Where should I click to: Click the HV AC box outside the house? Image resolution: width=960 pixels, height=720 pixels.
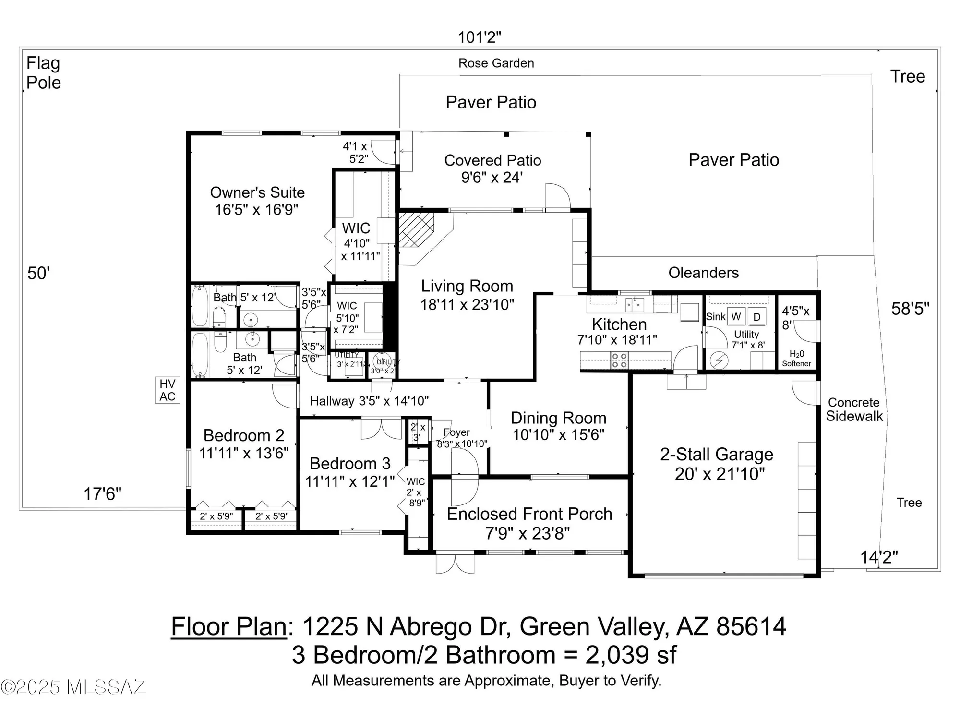(167, 390)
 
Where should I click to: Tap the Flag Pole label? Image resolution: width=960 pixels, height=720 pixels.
(43, 72)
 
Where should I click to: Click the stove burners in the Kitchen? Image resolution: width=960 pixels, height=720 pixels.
(619, 360)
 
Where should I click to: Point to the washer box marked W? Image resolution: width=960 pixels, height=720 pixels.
(736, 316)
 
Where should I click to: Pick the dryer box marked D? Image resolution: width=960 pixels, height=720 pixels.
(757, 317)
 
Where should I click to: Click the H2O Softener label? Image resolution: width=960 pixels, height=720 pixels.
(796, 359)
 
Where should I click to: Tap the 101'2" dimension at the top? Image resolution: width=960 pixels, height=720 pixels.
(479, 37)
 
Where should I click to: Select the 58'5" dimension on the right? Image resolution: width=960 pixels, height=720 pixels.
(910, 309)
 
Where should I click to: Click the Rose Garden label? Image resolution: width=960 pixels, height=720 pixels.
(496, 63)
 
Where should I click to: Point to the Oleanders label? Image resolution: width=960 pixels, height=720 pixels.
(703, 273)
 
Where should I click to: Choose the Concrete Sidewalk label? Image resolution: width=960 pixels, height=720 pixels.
(854, 409)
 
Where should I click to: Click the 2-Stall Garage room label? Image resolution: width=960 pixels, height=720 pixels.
(717, 454)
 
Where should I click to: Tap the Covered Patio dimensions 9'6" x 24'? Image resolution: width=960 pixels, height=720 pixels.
(492, 178)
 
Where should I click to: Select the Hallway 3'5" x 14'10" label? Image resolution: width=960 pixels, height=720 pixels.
(369, 401)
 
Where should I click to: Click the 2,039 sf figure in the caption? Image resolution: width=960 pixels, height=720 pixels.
(631, 655)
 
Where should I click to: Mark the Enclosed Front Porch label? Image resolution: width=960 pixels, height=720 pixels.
(529, 514)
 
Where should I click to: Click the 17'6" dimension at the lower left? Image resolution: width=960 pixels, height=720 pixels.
(102, 493)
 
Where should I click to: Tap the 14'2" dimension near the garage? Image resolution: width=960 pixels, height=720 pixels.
(878, 557)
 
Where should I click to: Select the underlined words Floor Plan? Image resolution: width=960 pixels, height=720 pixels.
(229, 626)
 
